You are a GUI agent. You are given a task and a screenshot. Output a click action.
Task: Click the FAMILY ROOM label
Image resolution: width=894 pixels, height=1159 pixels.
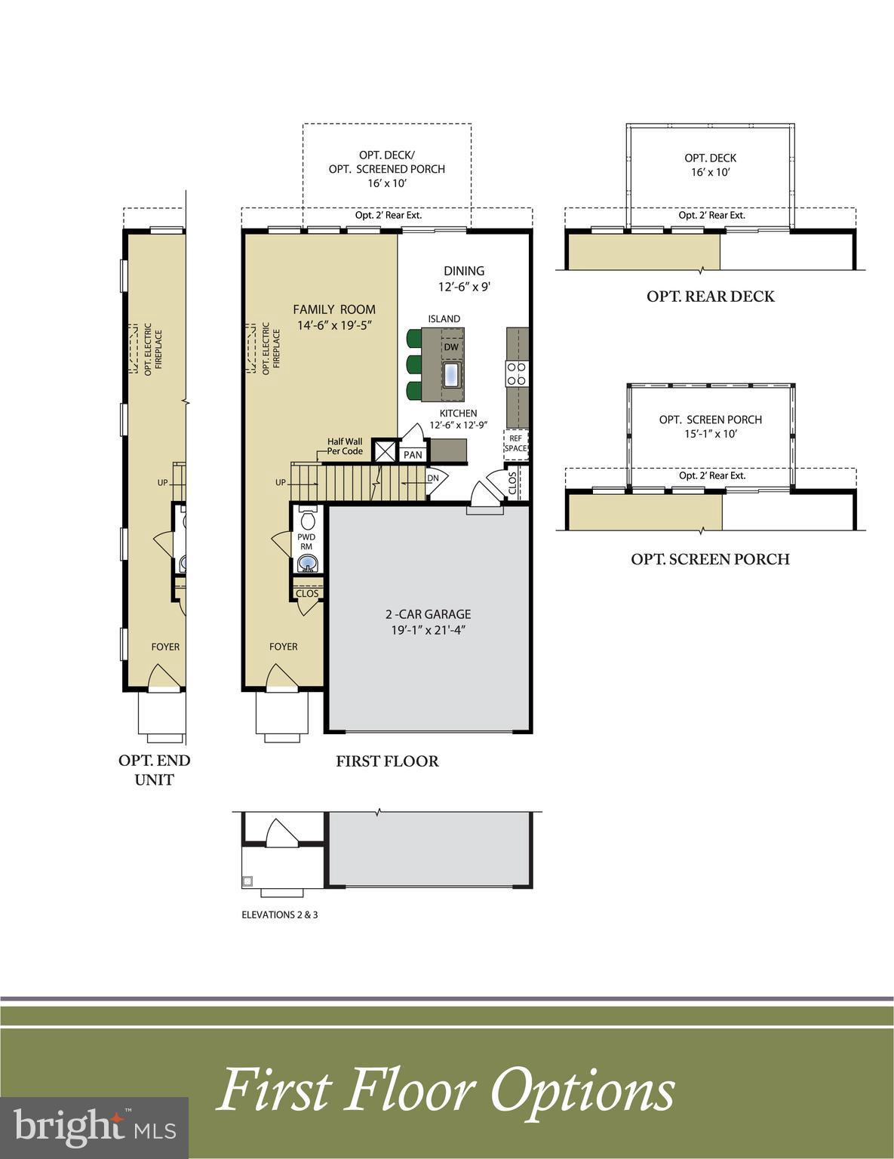[x=334, y=309]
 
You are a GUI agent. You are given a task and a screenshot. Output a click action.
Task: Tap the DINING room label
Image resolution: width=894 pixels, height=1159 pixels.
[x=464, y=271]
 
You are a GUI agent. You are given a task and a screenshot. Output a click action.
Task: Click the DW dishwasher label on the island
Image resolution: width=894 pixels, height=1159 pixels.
[x=451, y=347]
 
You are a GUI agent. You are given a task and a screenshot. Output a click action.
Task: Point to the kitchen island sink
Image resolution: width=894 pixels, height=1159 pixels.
[x=452, y=374]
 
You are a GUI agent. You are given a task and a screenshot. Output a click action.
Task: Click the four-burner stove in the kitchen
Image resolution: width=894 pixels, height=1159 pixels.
[x=517, y=374]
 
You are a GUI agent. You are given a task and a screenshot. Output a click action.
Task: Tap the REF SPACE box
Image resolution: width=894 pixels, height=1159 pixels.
[x=515, y=444]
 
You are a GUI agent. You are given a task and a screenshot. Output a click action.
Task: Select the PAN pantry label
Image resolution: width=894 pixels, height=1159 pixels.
[x=413, y=455]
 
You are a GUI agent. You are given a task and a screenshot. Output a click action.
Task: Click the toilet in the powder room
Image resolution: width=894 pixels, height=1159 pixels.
[x=308, y=520]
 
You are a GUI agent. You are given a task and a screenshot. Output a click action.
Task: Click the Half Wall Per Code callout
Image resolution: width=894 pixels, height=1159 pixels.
[x=345, y=447]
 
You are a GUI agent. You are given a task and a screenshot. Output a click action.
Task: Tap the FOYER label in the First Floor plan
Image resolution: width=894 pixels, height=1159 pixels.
[x=284, y=647]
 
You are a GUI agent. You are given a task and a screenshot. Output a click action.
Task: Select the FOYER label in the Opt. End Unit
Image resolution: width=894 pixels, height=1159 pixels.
[x=165, y=647]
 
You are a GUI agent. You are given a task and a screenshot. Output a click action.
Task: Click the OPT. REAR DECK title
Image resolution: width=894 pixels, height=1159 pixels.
[x=710, y=297]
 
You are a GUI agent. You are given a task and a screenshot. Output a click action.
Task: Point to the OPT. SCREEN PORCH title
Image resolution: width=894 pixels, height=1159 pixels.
[x=710, y=559]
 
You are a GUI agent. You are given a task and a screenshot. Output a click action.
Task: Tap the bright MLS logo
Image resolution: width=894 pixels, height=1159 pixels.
[x=94, y=1128]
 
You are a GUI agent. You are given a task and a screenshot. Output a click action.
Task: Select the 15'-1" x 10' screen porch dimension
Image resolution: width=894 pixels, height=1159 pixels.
[x=710, y=434]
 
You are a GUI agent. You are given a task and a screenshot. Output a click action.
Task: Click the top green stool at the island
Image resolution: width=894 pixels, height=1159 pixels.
[x=413, y=338]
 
